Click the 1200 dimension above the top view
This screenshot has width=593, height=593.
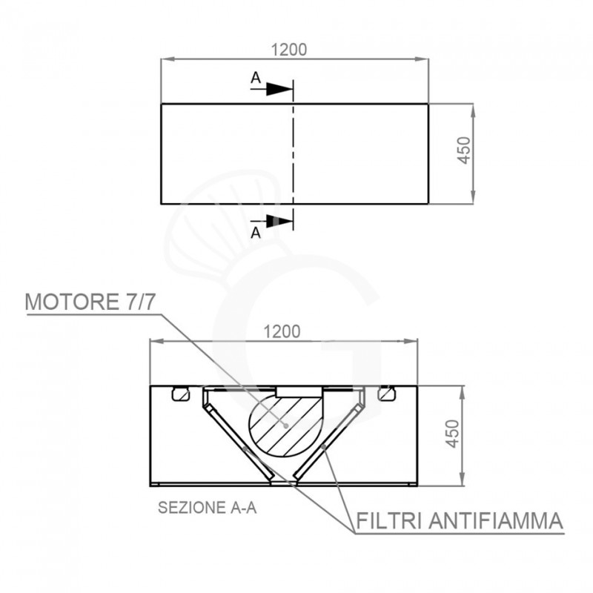tap(289, 50)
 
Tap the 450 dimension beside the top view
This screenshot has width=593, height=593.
tap(464, 153)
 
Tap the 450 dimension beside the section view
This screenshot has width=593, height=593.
tap(453, 434)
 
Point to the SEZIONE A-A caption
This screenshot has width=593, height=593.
tap(208, 508)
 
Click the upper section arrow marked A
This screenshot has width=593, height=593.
tap(278, 88)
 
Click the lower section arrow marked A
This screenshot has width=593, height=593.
tap(278, 220)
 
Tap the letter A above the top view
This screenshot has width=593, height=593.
tap(255, 77)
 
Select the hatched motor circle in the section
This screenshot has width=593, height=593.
tap(285, 424)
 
